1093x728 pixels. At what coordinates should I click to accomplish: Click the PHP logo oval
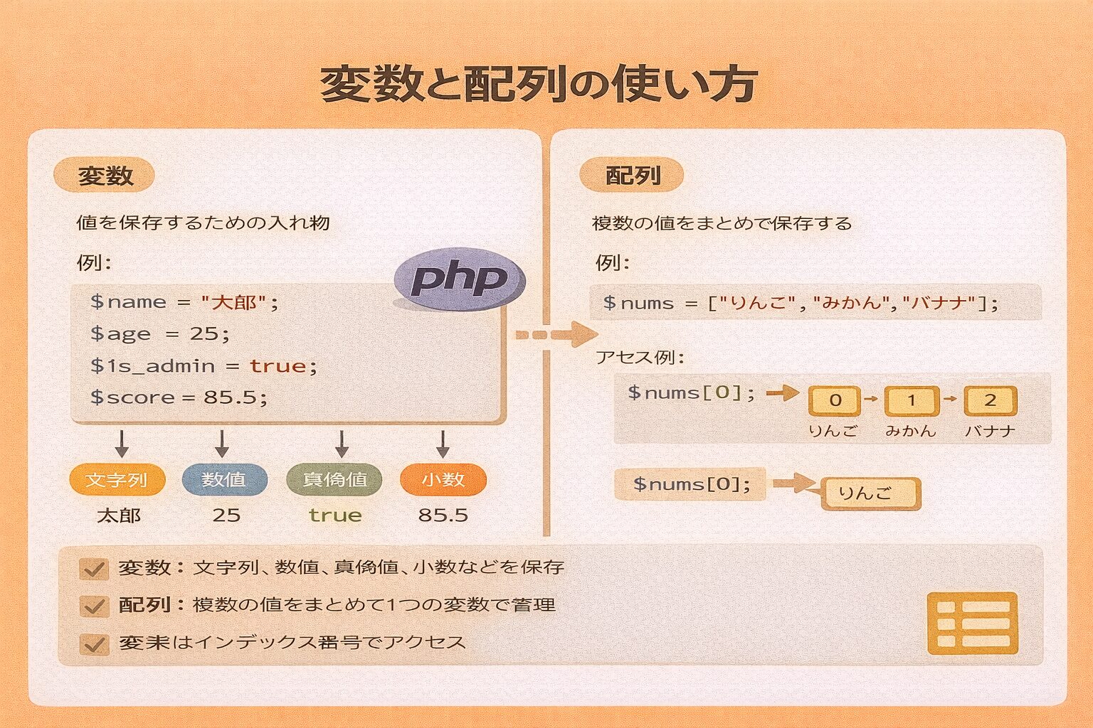point(459,279)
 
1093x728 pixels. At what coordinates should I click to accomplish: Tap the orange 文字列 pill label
point(117,480)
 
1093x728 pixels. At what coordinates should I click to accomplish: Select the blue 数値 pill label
point(224,480)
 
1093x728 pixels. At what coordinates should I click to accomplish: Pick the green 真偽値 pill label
point(334,480)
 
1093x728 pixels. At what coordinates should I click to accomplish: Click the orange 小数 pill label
point(443,480)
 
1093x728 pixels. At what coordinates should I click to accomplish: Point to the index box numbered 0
point(835,401)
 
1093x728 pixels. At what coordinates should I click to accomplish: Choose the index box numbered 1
point(912,401)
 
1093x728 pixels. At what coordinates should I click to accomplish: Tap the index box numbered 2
point(990,401)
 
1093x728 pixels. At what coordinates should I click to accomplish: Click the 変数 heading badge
point(105,176)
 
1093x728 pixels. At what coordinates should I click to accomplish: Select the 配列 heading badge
point(632,176)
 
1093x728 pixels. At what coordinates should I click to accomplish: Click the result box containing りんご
point(870,493)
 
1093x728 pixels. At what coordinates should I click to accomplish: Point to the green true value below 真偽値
point(334,515)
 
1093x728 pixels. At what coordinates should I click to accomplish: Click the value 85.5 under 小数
point(443,515)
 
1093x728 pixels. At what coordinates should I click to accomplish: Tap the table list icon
point(973,623)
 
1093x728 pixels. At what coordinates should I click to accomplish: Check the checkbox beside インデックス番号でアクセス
point(94,644)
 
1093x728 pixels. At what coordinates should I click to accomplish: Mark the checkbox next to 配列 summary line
point(94,606)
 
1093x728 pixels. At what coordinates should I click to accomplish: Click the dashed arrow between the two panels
point(555,334)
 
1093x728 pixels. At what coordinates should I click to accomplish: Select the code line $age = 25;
point(160,333)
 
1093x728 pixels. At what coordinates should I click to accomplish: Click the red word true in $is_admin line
point(278,366)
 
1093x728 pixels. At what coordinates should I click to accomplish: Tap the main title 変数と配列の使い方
point(539,84)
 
